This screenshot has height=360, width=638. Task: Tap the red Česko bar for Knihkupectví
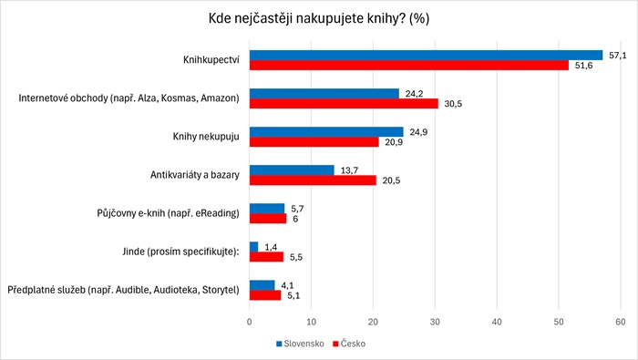pyautogui.click(x=408, y=66)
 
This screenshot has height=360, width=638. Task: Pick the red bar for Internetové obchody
pyautogui.click(x=344, y=103)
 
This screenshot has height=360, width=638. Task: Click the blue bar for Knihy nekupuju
pyautogui.click(x=326, y=131)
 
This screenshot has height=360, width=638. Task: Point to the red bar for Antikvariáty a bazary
pyautogui.click(x=313, y=180)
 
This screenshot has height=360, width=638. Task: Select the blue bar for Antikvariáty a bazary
pyautogui.click(x=292, y=170)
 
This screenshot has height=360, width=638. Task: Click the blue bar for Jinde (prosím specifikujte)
pyautogui.click(x=253, y=246)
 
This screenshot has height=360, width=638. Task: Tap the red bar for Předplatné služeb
pyautogui.click(x=265, y=295)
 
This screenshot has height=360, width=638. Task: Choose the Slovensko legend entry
pyautogui.click(x=300, y=345)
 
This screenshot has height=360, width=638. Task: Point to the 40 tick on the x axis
pyautogui.click(x=497, y=322)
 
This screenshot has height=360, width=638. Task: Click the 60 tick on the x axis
pyautogui.click(x=621, y=322)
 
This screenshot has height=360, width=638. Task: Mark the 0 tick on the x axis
pyautogui.click(x=250, y=322)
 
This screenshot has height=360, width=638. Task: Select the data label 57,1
pyautogui.click(x=617, y=55)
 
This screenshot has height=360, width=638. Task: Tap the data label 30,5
pyautogui.click(x=452, y=103)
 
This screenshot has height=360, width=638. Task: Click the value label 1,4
pyautogui.click(x=271, y=246)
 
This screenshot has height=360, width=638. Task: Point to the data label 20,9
pyautogui.click(x=393, y=142)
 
